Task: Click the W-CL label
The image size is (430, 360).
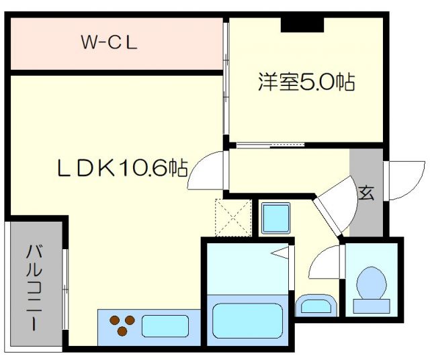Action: point(110,43)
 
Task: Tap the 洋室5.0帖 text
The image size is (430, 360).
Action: point(306,83)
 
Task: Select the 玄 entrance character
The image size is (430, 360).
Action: point(365,193)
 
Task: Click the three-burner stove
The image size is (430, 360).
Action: point(120,325)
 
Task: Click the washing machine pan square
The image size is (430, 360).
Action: point(275,217)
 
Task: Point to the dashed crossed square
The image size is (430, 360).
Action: point(232,217)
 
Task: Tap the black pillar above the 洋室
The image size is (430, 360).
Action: point(302,24)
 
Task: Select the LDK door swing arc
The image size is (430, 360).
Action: point(208,172)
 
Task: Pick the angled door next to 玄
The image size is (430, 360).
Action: point(335,205)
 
